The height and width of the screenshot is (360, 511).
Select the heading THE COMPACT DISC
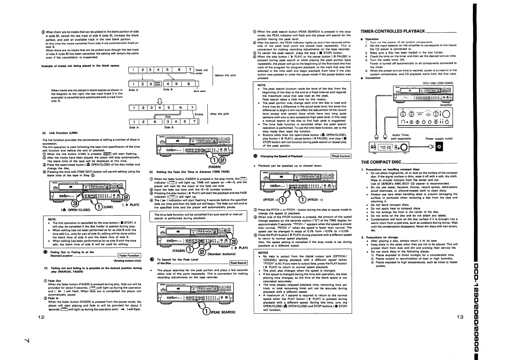point(381,162)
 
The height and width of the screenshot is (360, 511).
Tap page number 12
point(41,317)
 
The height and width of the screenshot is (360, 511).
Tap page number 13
point(460,317)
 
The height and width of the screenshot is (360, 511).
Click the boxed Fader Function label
point(129,256)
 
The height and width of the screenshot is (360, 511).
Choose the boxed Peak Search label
point(238,263)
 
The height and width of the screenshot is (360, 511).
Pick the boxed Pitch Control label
point(341,156)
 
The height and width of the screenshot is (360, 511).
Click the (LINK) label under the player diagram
point(108,207)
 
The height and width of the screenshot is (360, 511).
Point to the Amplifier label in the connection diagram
point(446,105)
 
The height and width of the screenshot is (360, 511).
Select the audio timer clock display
point(385,147)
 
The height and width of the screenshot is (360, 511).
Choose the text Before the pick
point(225,75)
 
